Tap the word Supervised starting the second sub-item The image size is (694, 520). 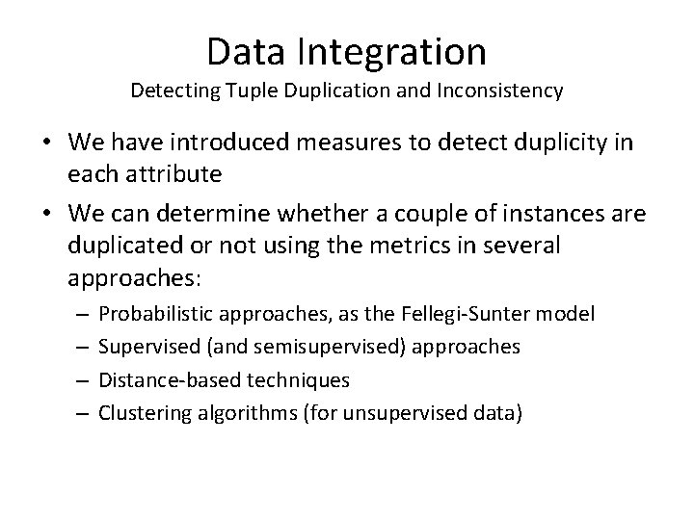[x=139, y=347]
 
